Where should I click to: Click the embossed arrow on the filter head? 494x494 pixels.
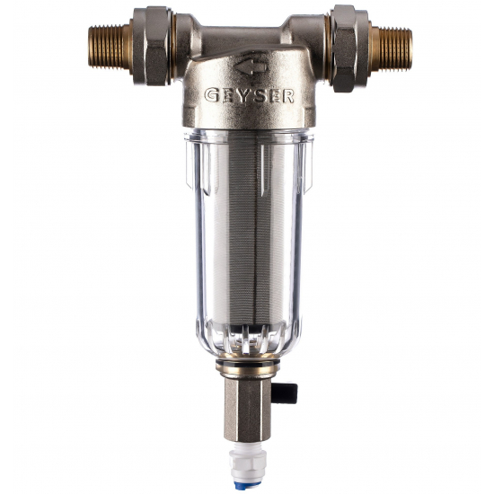pos(251,66)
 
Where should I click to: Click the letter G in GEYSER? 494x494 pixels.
pos(212,95)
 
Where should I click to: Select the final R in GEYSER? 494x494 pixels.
pos(288,96)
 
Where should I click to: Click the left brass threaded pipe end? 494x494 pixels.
pos(110,47)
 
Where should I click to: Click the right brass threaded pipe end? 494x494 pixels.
pos(392,49)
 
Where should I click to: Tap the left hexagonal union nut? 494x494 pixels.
pos(152,46)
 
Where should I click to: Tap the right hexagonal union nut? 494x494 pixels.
pos(349,49)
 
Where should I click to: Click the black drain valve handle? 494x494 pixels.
pos(285,393)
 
